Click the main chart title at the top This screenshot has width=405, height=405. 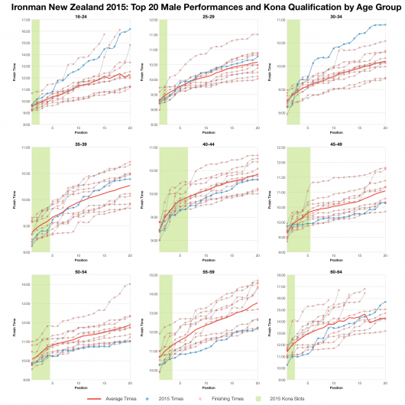pyautogui.click(x=202, y=6)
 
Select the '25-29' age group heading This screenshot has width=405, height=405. pyautogui.click(x=208, y=16)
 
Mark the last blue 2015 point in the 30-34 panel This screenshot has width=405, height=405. pyautogui.click(x=385, y=24)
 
